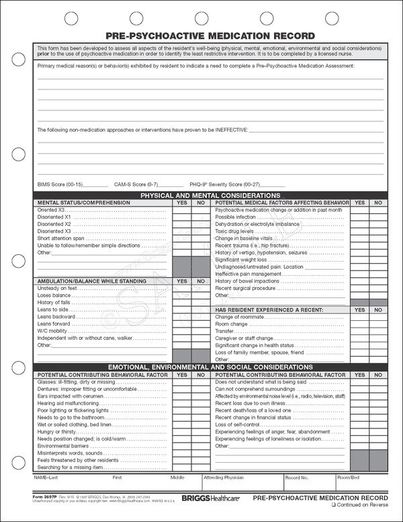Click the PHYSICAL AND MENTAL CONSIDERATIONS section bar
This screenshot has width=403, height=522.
point(210,194)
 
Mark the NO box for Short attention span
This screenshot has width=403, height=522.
point(200,238)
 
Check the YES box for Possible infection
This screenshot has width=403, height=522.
point(360,217)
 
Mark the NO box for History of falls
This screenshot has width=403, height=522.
point(200,302)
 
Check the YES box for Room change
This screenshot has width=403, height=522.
point(360,324)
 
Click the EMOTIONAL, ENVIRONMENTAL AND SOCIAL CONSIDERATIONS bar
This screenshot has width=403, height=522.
point(210,366)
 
